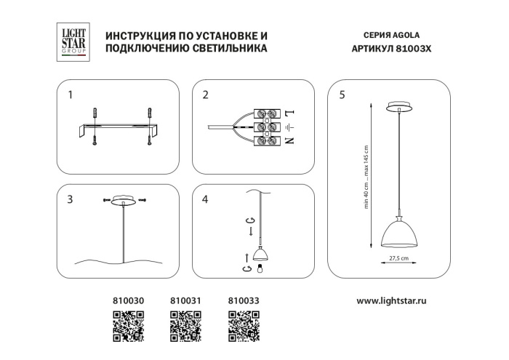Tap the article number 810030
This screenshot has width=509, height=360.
[127, 300]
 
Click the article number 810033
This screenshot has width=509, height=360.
[244, 300]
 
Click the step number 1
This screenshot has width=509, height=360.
[70, 95]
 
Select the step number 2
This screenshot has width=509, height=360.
[206, 95]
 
